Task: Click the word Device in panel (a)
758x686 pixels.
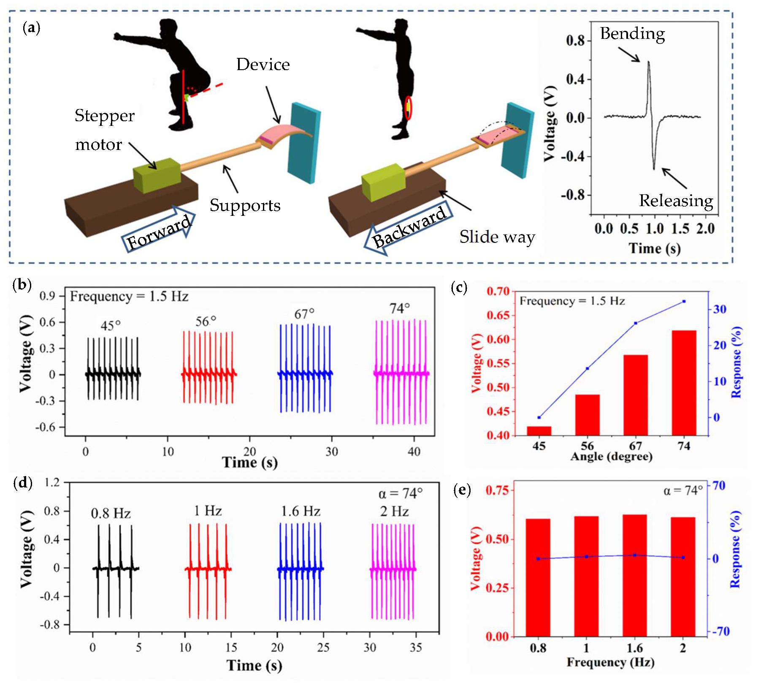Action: click(x=263, y=65)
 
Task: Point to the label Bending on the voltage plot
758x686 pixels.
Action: click(x=632, y=34)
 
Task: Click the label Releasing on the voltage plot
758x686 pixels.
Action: click(x=676, y=201)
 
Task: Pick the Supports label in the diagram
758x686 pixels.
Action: click(x=245, y=206)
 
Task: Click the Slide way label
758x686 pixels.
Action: click(x=497, y=237)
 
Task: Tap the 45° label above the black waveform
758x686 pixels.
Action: click(x=111, y=326)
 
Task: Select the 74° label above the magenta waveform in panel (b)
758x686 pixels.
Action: click(x=399, y=309)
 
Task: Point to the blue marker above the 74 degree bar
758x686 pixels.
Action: click(x=684, y=301)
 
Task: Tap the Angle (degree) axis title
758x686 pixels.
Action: click(x=611, y=457)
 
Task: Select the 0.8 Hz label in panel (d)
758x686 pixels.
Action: click(x=111, y=513)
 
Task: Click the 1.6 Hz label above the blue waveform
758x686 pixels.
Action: click(x=300, y=512)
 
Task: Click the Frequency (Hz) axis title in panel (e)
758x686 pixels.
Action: click(x=610, y=662)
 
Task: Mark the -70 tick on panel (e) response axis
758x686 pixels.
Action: click(x=721, y=632)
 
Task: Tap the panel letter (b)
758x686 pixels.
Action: click(x=22, y=286)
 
